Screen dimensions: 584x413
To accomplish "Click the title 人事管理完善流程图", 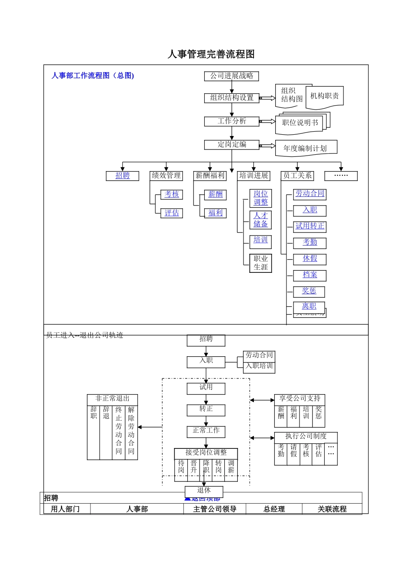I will click(x=211, y=54).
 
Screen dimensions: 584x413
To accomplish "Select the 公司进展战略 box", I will click(x=231, y=76).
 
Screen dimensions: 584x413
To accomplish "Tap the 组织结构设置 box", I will click(x=231, y=98).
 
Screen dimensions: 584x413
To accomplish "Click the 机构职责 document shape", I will click(x=324, y=96).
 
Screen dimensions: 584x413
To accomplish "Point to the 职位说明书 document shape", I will click(x=300, y=123).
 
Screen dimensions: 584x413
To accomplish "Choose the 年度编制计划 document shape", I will click(x=305, y=148).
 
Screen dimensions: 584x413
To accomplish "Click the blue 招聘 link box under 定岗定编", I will click(x=123, y=176).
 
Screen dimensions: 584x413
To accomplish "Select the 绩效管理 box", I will click(x=166, y=176).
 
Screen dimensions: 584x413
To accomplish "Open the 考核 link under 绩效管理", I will click(x=172, y=194).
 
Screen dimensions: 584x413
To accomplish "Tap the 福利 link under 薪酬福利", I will click(x=215, y=213).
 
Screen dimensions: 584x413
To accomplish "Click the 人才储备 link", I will click(x=260, y=220).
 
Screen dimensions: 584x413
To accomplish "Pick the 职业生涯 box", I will click(x=260, y=263).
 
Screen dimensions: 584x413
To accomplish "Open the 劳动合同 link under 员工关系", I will click(x=310, y=194).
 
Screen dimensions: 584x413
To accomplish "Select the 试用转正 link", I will click(x=310, y=226).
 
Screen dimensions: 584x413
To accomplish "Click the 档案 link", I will click(x=310, y=275).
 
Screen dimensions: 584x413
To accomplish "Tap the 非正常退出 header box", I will click(x=112, y=399).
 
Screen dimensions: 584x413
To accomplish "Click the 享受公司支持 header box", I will click(x=300, y=399).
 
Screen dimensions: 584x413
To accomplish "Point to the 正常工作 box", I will click(x=206, y=431).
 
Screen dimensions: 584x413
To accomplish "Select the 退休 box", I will click(x=204, y=491).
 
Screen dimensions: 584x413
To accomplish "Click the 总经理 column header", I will click(x=274, y=509).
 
